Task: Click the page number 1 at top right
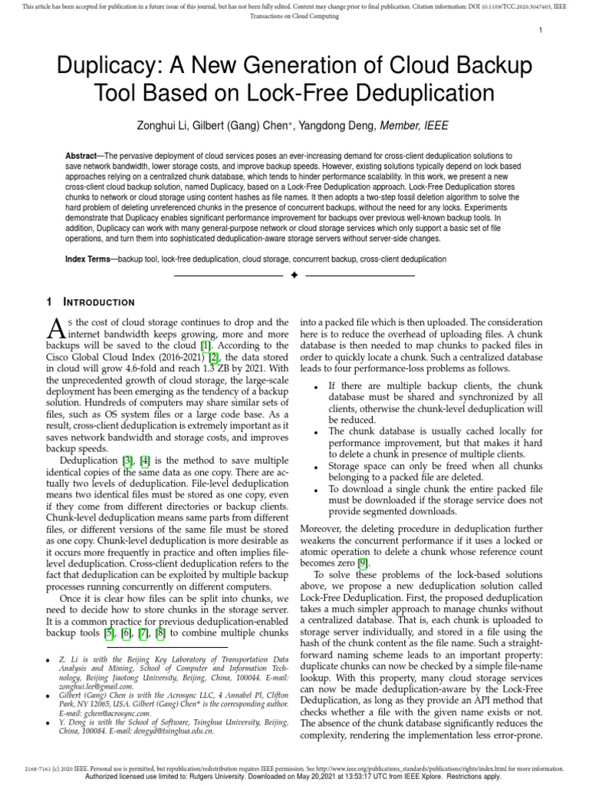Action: point(541,31)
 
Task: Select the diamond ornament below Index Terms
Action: point(294,275)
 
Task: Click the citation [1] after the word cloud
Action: point(206,345)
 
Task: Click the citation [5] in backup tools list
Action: point(109,633)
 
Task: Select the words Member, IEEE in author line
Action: point(421,126)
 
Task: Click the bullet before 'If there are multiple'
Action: point(317,385)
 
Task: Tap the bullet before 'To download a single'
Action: point(317,489)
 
